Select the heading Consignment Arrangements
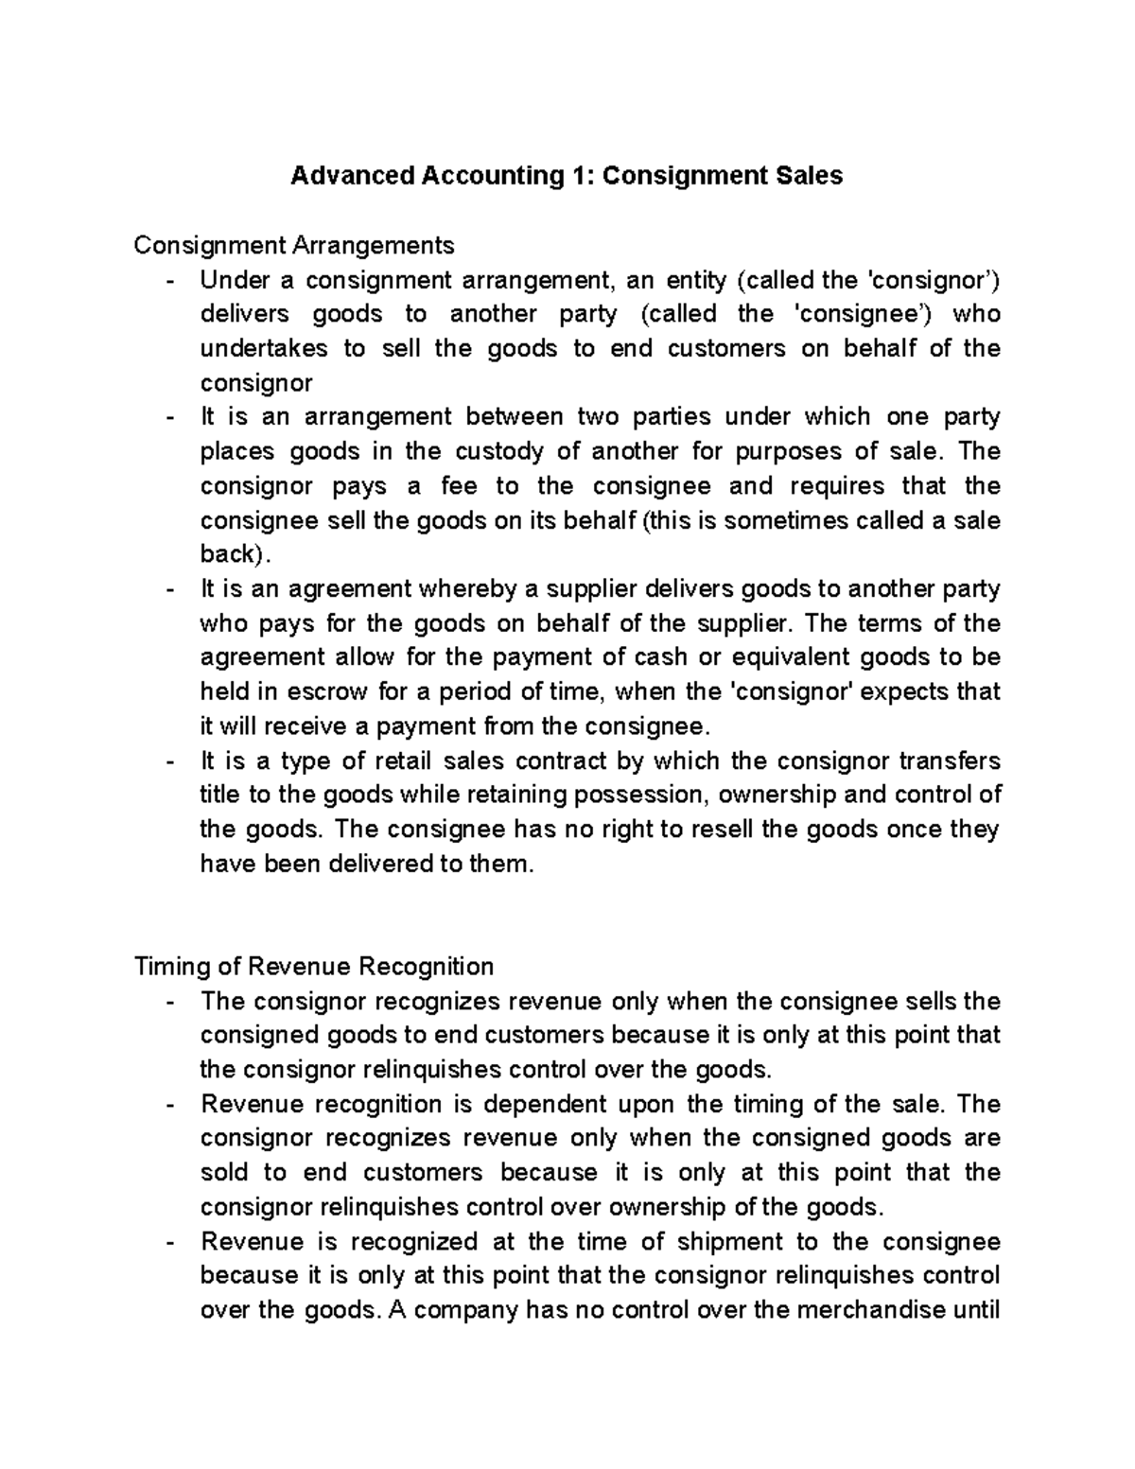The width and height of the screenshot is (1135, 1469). click(293, 246)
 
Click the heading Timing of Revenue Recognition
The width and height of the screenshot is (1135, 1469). click(314, 967)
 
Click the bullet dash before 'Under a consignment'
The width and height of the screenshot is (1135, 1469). click(170, 280)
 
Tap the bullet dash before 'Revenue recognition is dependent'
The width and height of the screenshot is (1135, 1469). click(170, 1105)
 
